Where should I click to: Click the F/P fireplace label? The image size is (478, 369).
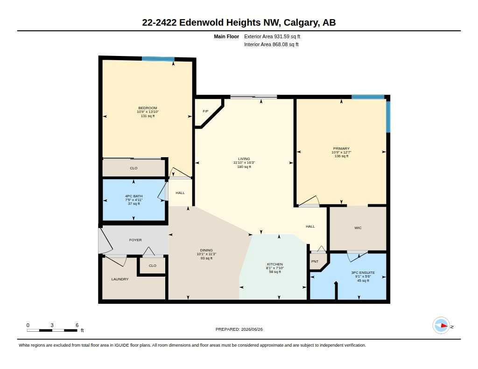coord(205,111)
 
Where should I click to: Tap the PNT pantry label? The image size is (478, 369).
coord(315,261)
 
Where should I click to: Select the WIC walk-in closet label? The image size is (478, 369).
coord(358,228)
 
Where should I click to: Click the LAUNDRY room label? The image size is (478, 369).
coord(120,279)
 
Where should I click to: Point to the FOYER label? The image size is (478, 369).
coord(135,240)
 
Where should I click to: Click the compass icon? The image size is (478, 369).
coord(441,326)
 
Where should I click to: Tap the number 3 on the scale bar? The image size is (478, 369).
coord(52,325)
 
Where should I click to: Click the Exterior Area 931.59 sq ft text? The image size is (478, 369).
coord(272,36)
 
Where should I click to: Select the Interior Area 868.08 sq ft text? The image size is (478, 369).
coord(271,44)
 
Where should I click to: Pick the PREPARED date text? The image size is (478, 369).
coord(239,329)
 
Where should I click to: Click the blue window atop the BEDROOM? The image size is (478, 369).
coord(158,59)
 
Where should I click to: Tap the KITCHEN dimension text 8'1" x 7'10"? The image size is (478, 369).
coord(275,268)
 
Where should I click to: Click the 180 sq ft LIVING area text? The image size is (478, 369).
coord(244,167)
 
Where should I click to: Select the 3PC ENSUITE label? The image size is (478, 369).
coord(363,273)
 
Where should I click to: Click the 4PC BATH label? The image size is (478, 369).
coord(134,196)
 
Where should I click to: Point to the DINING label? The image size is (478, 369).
coord(206,250)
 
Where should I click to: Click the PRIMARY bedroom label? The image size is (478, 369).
coord(341,149)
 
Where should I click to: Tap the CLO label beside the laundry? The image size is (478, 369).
coord(153,266)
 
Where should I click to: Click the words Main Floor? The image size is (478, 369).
coord(226,36)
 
